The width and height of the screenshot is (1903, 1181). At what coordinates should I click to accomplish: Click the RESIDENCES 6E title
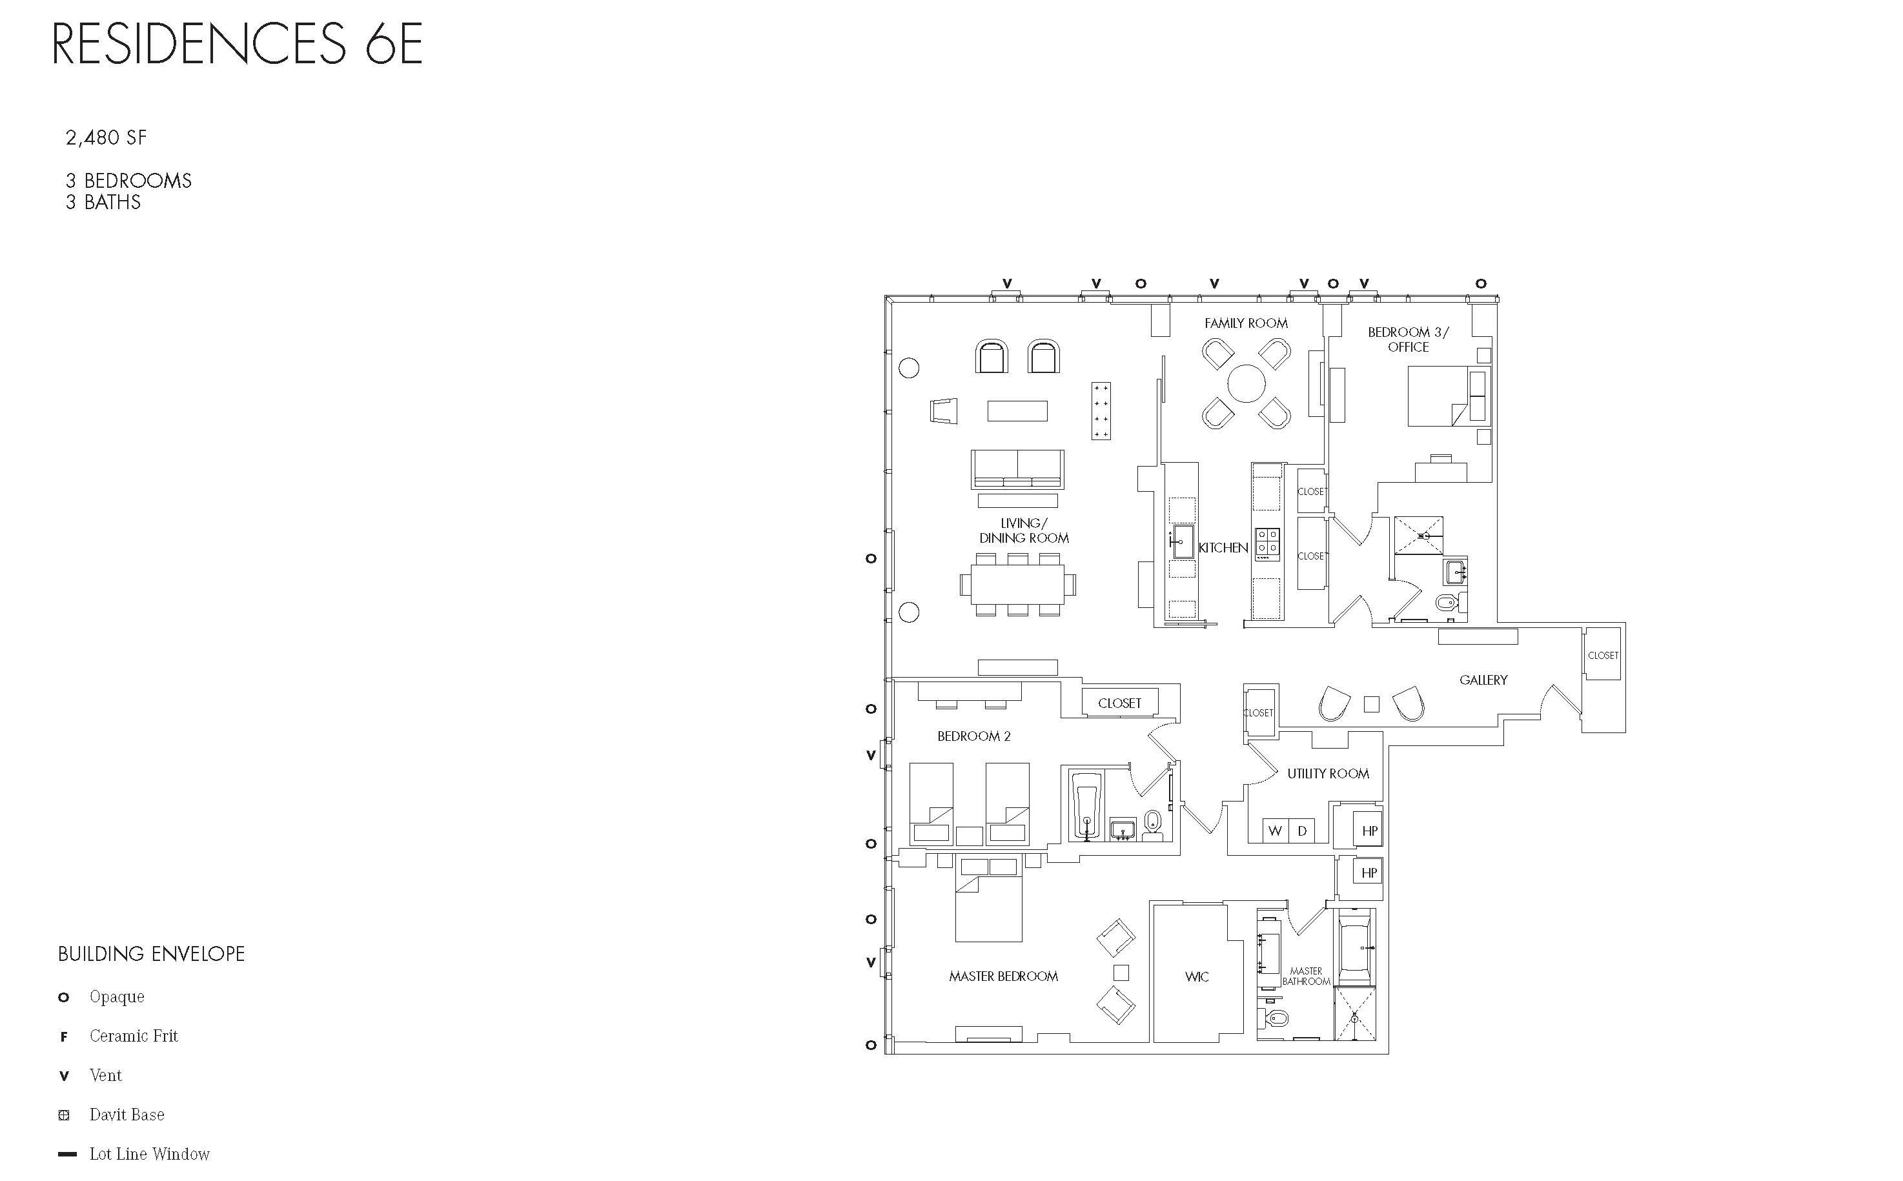coord(238,44)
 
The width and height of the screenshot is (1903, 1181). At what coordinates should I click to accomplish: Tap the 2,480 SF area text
coord(107,138)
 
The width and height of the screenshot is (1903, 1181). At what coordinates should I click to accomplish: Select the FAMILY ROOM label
coord(1246,323)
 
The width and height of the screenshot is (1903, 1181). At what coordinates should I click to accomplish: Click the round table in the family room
coord(1246,383)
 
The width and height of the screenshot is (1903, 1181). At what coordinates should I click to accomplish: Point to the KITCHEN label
coord(1223,547)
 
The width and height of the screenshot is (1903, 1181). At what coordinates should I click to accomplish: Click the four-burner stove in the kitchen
coord(1267,543)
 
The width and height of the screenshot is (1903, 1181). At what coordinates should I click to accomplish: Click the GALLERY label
coord(1483,680)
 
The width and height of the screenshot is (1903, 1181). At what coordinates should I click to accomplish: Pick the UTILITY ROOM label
coord(1328,773)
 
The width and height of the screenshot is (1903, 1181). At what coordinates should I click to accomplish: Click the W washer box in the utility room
coord(1276,831)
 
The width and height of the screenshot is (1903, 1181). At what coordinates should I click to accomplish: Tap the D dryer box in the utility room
coord(1302,831)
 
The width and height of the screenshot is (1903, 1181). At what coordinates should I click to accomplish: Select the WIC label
coord(1197,976)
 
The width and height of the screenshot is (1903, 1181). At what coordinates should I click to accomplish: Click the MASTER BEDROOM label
coord(1003,976)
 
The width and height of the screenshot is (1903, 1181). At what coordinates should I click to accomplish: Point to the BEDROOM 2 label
coord(974,736)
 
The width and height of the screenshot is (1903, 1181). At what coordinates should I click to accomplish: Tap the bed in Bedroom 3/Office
coord(1441,396)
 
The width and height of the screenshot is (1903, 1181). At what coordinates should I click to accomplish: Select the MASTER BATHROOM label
coord(1305,976)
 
